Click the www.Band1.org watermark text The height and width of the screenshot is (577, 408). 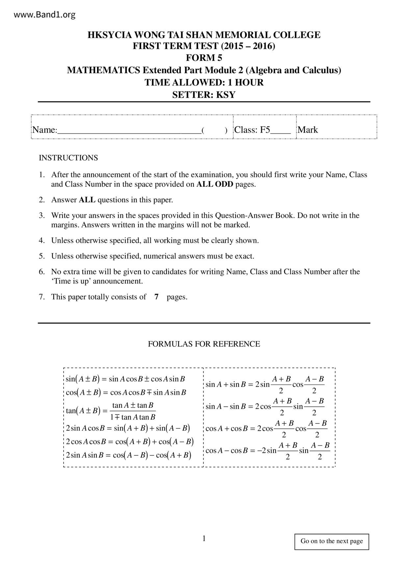coord(45,15)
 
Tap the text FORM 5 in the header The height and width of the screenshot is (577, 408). coord(204,58)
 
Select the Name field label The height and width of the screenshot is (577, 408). coord(44,130)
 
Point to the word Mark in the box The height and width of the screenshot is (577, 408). coord(308,130)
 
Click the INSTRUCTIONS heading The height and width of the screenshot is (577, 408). coord(68,158)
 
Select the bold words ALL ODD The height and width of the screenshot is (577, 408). coord(215,184)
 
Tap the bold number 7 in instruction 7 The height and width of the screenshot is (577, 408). coord(157,297)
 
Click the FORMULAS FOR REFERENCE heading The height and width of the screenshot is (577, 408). coord(204,344)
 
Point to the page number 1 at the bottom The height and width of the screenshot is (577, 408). coord(204,539)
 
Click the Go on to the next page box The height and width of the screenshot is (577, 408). coord(332,541)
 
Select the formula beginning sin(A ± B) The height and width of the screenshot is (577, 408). coord(125,379)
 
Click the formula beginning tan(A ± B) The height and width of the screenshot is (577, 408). coord(111,411)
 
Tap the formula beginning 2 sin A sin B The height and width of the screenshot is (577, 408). coord(128,455)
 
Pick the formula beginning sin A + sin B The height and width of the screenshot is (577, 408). coord(265,384)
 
